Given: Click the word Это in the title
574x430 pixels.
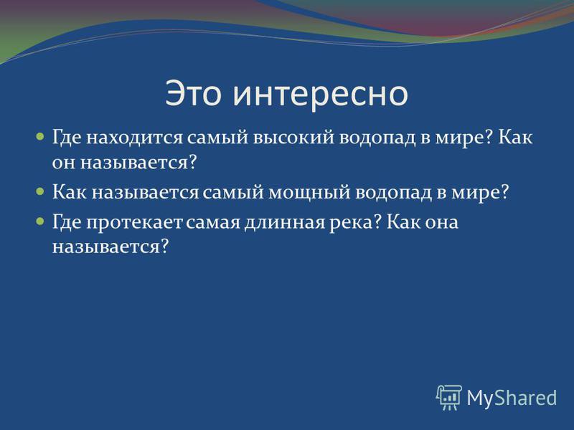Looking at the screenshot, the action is [x=193, y=93].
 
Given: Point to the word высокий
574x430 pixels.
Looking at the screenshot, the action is [x=293, y=138].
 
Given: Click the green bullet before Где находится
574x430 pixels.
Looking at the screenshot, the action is [x=40, y=137].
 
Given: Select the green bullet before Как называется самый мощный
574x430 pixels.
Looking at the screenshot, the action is [x=40, y=191].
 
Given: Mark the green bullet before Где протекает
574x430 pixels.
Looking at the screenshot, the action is [x=40, y=221].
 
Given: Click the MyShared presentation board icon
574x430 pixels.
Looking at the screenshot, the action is [x=449, y=397].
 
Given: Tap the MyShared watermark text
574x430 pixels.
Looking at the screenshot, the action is [x=512, y=398].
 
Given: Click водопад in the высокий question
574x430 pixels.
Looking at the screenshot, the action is [x=377, y=138].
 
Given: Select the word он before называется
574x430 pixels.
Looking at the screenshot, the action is [x=64, y=163].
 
